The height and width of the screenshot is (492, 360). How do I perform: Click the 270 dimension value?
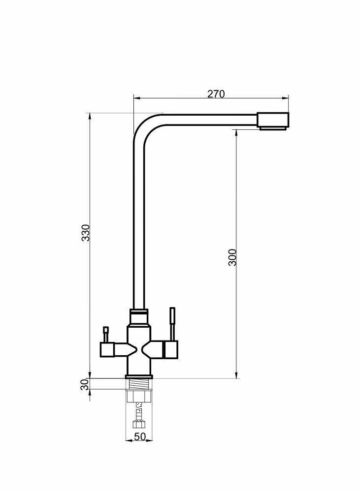[x=216, y=94]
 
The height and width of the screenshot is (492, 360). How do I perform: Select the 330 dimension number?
[x=86, y=233]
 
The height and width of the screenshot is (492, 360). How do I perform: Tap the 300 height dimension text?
[x=232, y=257]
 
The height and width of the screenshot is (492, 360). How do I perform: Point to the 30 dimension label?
[x=85, y=385]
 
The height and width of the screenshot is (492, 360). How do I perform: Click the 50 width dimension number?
[x=140, y=436]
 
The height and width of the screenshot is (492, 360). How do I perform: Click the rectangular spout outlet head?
[x=273, y=120]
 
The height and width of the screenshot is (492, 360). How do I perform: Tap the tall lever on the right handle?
[x=172, y=324]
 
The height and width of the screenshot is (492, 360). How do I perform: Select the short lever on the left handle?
[x=106, y=335]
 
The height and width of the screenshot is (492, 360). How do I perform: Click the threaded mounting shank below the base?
[x=139, y=384]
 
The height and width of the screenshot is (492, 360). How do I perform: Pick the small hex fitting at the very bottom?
[x=138, y=424]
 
